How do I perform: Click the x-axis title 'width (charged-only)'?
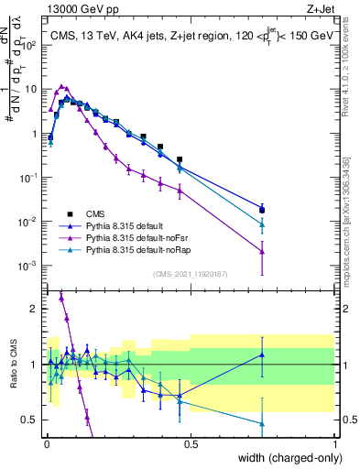pyautogui.click(x=283, y=458)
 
